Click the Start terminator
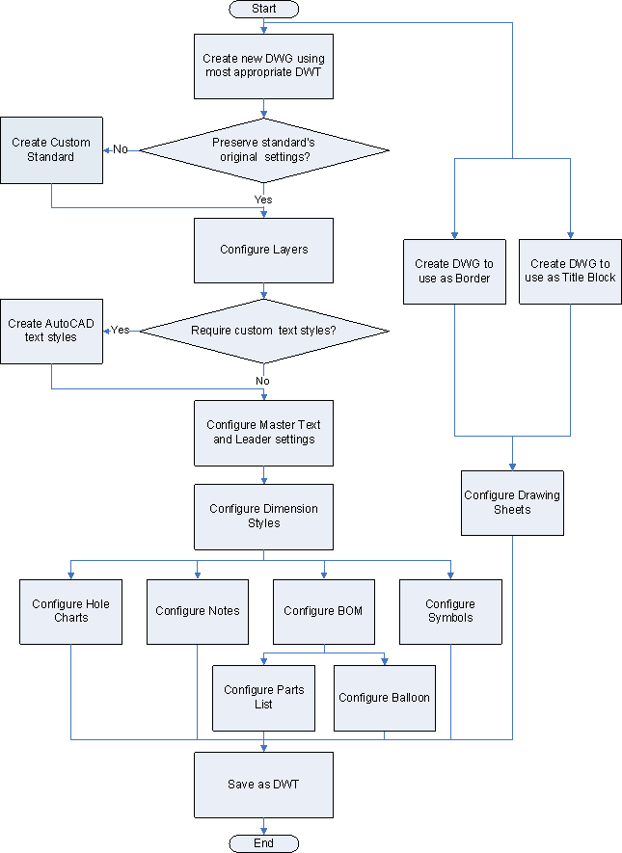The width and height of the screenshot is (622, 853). point(263,9)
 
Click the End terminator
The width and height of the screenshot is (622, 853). point(263,843)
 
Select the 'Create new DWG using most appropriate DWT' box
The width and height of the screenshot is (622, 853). point(263,65)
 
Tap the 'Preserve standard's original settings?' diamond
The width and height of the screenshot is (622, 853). point(263,149)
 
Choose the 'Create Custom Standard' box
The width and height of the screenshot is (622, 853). point(51,149)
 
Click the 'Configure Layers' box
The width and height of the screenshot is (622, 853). point(263,250)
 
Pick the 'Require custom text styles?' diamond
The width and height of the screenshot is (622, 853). point(263,331)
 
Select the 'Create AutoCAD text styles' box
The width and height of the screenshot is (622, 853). point(51,331)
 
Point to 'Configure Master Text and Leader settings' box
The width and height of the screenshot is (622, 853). point(263,432)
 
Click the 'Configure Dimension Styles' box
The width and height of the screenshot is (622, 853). point(263,516)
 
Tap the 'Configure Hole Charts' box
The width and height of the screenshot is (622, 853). point(70,611)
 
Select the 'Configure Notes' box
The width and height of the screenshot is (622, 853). point(197,611)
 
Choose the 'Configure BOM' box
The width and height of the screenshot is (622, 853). point(323,611)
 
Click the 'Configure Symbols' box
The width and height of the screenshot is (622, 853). point(450,611)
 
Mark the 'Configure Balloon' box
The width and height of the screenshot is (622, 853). point(384,697)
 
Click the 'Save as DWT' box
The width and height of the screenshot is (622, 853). point(263,785)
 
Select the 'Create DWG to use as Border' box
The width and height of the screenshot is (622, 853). point(453,271)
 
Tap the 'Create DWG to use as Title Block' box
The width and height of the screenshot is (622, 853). point(570,271)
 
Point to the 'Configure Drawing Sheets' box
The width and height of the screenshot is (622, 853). point(512,502)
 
